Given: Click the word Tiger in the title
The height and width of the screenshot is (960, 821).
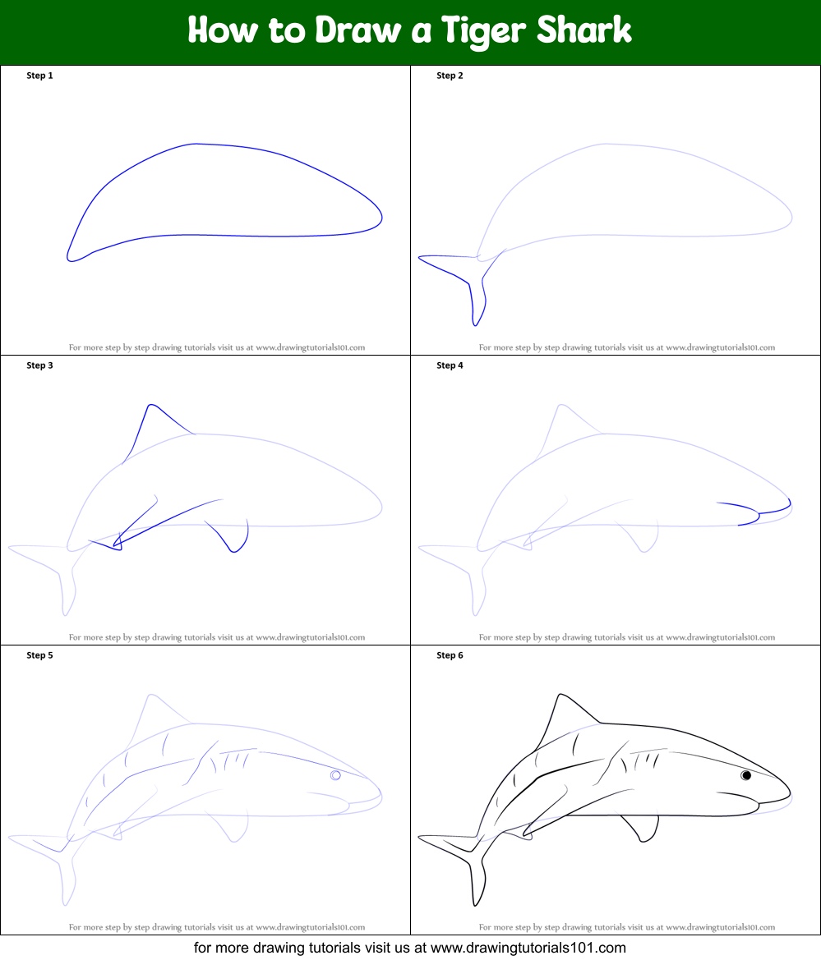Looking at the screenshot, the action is (482, 31).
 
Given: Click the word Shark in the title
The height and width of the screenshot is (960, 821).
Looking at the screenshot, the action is (583, 30).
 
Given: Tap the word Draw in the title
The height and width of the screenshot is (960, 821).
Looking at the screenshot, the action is (357, 30).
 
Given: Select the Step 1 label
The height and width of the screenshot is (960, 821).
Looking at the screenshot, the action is (39, 76).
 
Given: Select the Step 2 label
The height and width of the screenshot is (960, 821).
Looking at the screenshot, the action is (450, 76).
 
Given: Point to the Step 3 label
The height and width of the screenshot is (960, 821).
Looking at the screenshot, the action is (39, 365).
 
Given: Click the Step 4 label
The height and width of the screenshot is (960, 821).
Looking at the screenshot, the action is (450, 365).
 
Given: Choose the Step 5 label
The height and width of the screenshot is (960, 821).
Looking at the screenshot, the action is (39, 655).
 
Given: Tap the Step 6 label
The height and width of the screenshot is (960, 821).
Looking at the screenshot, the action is (450, 655).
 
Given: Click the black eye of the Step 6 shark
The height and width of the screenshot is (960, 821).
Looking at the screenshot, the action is (746, 775).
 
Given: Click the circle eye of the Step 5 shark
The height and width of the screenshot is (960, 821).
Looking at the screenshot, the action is (336, 775).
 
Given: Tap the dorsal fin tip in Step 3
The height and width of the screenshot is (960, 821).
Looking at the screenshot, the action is (150, 405).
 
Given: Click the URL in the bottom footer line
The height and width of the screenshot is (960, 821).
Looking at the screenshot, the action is (528, 949).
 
